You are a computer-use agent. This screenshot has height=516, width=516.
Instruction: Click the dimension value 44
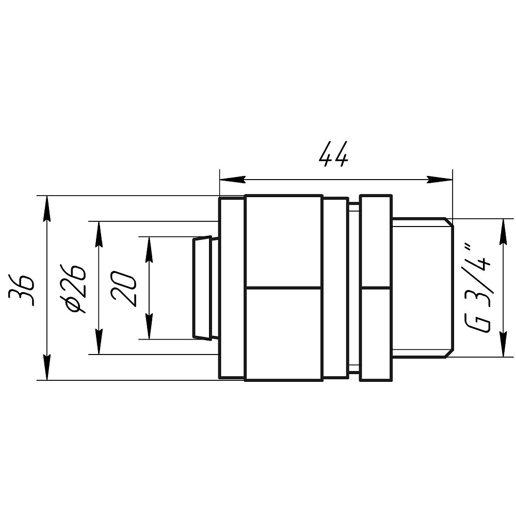tap(333, 154)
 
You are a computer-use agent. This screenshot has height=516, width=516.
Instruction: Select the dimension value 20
tap(123, 288)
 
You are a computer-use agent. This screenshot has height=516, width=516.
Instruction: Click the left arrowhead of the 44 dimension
tap(232, 180)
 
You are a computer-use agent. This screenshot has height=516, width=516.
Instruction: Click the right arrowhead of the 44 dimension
tap(440, 180)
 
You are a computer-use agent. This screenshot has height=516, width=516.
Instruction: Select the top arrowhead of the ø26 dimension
tap(99, 234)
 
